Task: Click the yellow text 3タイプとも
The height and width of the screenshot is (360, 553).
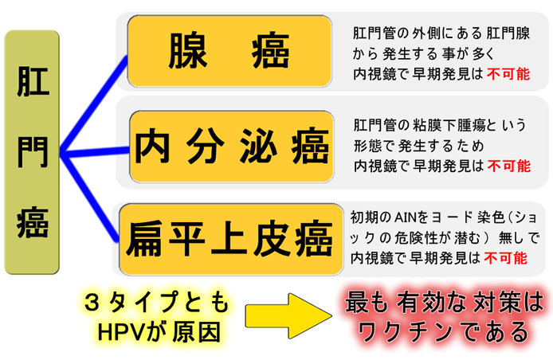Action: click(x=156, y=302)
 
